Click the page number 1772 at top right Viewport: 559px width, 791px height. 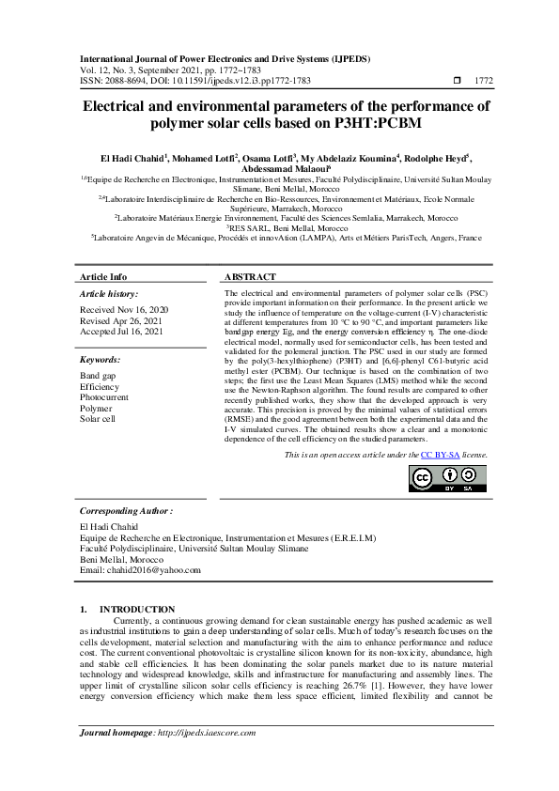[483, 82]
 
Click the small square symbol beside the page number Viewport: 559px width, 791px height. [457, 82]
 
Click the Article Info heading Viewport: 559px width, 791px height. [103, 277]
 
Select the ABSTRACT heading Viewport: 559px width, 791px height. [250, 277]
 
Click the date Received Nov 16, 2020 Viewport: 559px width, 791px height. [124, 309]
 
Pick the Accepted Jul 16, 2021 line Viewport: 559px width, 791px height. [122, 332]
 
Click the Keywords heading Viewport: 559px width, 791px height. [101, 360]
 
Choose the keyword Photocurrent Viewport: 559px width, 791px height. [108, 397]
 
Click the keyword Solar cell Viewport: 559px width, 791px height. [98, 419]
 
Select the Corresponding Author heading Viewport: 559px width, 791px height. [127, 511]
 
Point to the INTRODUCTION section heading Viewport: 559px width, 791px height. [137, 610]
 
